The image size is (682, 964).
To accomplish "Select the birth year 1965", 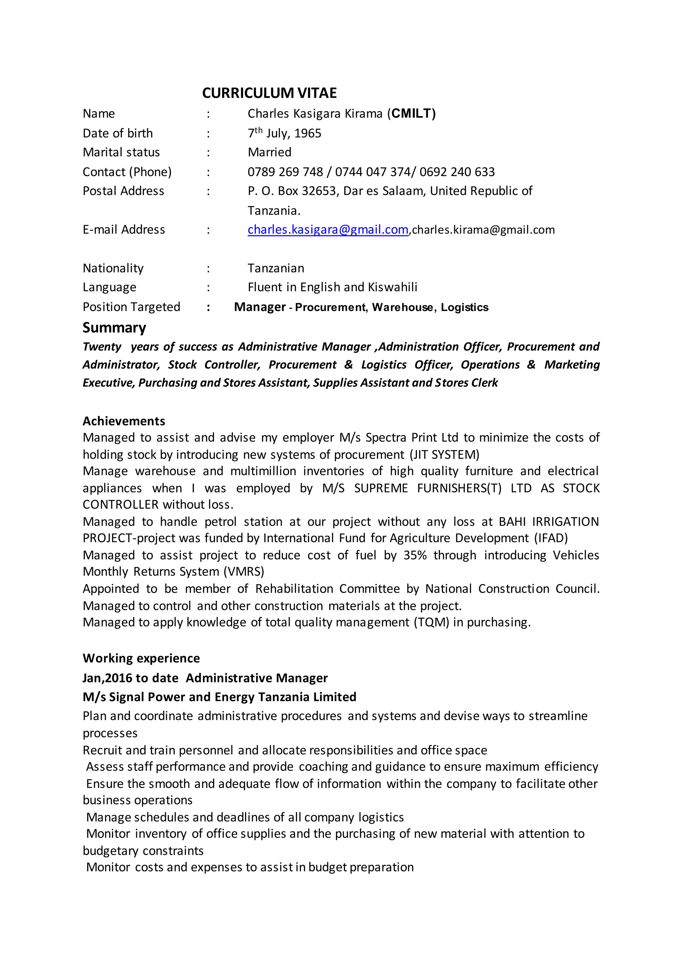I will pyautogui.click(x=307, y=133).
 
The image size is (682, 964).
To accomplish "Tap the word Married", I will pyautogui.click(x=269, y=152).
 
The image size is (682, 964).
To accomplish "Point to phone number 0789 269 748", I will pyautogui.click(x=285, y=172).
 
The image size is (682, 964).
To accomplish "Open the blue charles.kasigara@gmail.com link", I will pyautogui.click(x=328, y=230).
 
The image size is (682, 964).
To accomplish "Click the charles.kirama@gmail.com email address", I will pyautogui.click(x=484, y=230).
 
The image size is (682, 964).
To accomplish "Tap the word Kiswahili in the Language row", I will pyautogui.click(x=392, y=287).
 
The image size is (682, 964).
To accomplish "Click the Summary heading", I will pyautogui.click(x=114, y=328).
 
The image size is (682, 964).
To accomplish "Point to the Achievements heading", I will pyautogui.click(x=124, y=421).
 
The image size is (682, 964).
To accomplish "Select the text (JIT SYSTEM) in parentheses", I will pyautogui.click(x=444, y=455).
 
